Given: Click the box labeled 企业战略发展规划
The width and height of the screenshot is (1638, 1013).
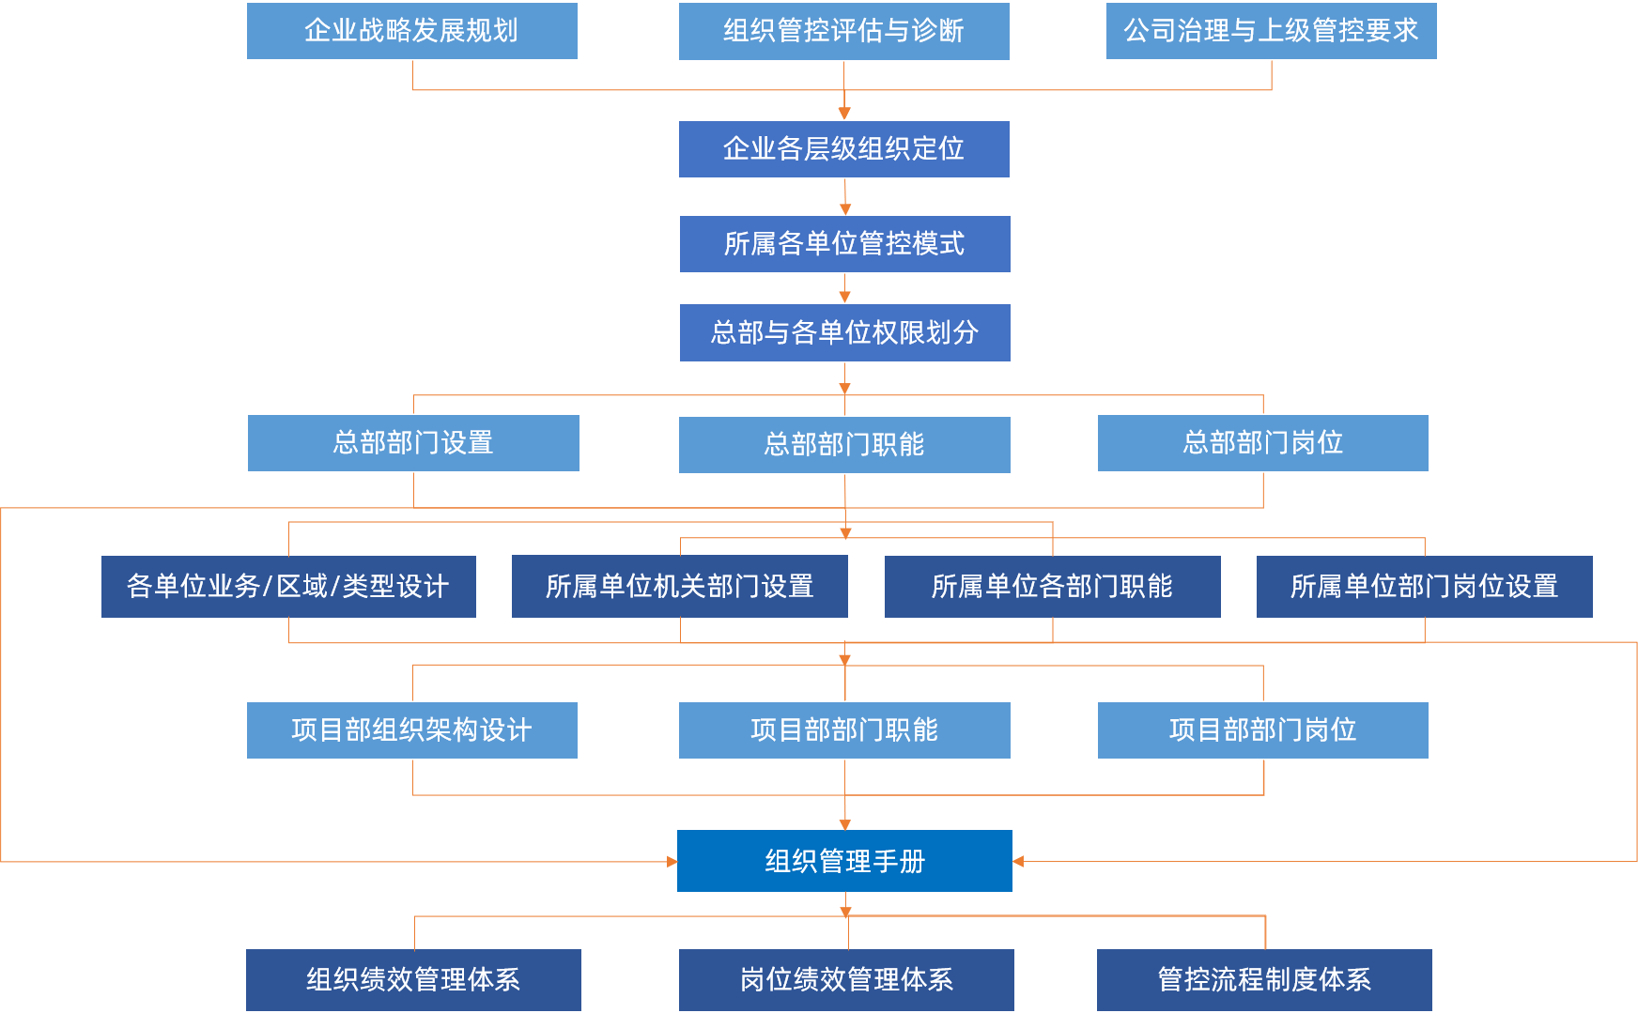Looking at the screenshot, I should click(412, 31).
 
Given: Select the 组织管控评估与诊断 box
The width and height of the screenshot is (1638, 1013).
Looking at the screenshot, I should click(843, 31).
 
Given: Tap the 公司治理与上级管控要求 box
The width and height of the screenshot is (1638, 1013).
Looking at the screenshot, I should click(1271, 31).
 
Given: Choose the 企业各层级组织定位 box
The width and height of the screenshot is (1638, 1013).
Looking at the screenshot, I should click(843, 149).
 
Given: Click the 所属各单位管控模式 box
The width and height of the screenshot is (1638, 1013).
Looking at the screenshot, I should click(844, 244).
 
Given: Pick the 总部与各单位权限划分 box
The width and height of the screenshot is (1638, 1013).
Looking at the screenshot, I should click(844, 332).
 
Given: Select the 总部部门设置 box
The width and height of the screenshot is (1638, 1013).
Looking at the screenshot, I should click(413, 443).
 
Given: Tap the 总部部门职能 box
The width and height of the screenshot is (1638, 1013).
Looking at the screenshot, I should click(844, 445).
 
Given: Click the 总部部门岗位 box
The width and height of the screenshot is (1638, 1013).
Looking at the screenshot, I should click(1262, 443).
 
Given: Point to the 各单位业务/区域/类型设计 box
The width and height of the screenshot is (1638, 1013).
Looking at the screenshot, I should click(288, 587).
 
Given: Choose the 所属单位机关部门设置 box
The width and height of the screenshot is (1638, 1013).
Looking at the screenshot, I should click(679, 587).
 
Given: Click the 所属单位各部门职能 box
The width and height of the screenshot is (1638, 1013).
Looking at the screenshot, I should click(1052, 587).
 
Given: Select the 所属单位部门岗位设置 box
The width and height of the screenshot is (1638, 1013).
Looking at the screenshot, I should click(1424, 587).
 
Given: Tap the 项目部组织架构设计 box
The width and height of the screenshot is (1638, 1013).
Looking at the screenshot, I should click(412, 730).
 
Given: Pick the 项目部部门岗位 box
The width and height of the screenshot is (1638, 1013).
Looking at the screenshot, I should click(1262, 730).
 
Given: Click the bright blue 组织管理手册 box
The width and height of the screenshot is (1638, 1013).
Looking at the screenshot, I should click(844, 861).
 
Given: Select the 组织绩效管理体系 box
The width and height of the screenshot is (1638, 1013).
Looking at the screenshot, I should click(413, 980).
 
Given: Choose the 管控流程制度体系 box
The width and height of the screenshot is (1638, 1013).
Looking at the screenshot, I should click(1264, 980).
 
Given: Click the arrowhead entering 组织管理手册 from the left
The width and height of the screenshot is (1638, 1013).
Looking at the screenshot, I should click(672, 861).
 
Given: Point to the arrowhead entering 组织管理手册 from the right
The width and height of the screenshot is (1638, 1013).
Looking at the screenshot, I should click(1018, 861).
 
